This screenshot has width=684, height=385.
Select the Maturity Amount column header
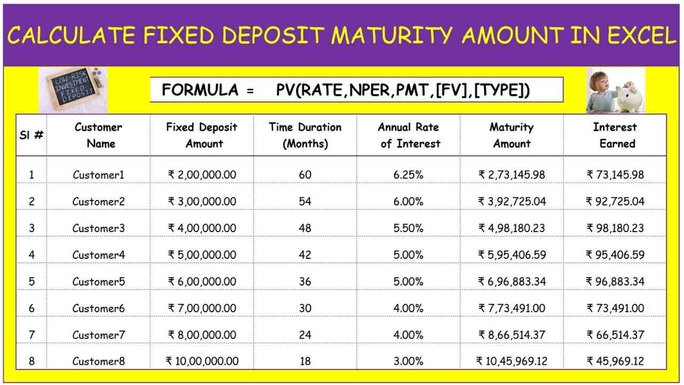511,135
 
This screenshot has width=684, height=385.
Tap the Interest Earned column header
615,135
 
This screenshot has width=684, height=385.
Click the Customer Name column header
98,135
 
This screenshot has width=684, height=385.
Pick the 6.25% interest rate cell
408,175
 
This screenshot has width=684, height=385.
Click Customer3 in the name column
98,228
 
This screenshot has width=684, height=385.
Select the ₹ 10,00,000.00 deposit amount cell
202,361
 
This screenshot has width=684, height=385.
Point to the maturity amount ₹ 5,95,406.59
512,255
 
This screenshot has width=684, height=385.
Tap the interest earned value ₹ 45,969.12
615,361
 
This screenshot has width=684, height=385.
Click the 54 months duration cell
305,202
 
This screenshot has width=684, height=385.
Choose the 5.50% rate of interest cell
408,228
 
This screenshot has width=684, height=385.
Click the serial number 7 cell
32,335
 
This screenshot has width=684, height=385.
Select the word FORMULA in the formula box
200,90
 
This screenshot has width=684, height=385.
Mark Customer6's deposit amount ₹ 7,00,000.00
202,309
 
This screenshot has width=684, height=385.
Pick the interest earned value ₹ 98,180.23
615,228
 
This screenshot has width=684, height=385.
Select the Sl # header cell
32,135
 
